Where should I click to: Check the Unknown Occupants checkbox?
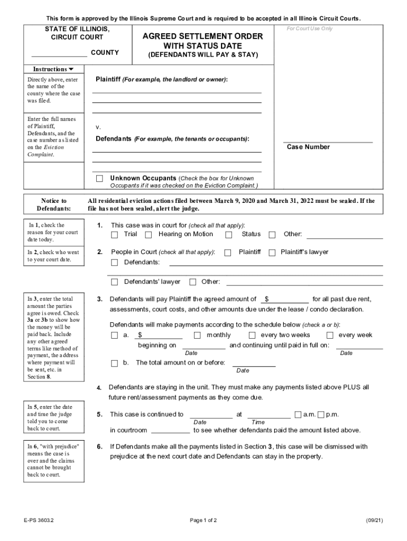[x=99, y=179]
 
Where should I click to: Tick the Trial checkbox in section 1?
[x=115, y=235]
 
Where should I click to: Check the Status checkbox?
[x=229, y=235]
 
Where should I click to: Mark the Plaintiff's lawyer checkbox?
[x=272, y=253]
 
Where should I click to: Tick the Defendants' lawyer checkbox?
[x=115, y=282]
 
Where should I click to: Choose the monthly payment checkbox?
[x=197, y=335]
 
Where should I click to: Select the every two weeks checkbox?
[x=252, y=335]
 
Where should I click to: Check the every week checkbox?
[x=330, y=335]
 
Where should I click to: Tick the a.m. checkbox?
[x=298, y=415]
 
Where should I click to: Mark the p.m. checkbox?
[x=321, y=415]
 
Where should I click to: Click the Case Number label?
[x=308, y=147]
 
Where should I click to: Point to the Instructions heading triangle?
[x=71, y=69]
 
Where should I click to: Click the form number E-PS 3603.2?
[x=39, y=520]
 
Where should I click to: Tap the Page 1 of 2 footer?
[x=203, y=520]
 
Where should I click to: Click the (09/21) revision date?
[x=374, y=520]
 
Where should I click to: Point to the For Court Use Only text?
[x=310, y=29]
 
